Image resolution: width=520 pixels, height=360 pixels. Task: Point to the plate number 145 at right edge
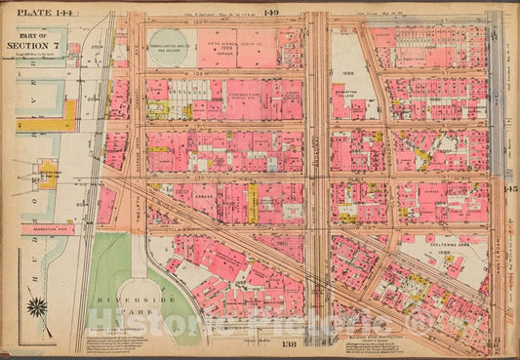click(511, 188)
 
